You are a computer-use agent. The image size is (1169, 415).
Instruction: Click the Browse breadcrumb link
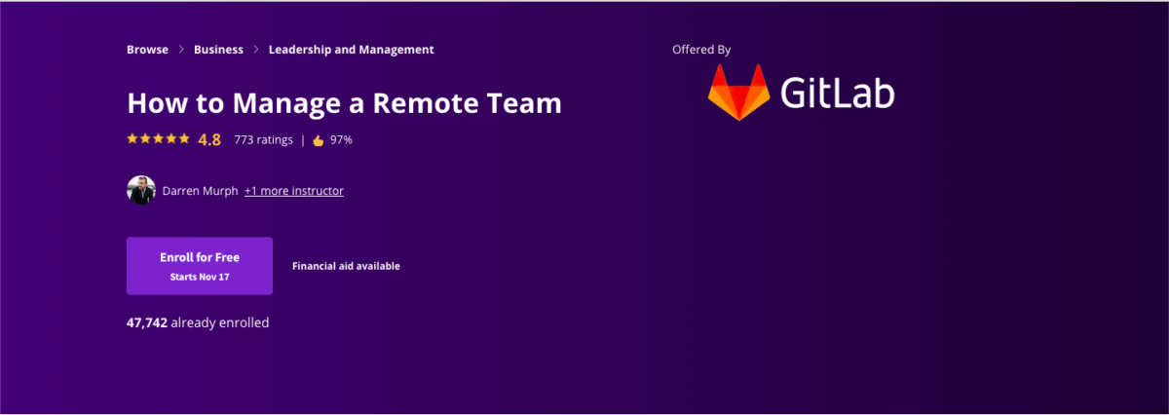coord(147,50)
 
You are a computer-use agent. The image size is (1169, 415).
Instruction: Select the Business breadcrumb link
coord(218,50)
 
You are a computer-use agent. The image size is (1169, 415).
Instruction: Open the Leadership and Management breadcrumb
coord(351,50)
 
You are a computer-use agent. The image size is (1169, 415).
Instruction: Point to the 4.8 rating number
coord(209,139)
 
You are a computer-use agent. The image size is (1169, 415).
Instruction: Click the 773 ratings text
coord(263,139)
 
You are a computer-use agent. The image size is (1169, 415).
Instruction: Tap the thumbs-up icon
coord(318,139)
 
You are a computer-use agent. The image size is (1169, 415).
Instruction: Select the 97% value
coord(341,139)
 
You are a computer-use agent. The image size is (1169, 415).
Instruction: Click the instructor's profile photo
coord(141,190)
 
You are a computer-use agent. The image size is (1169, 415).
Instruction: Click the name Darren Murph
coord(200,191)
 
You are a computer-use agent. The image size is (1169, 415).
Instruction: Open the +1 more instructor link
coord(293,191)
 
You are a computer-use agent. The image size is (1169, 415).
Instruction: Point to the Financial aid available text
coord(346,266)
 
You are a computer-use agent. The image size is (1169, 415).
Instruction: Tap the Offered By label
coord(701,50)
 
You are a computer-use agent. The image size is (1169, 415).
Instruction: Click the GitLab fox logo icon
coord(737,93)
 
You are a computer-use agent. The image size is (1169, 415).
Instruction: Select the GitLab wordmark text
coord(837,93)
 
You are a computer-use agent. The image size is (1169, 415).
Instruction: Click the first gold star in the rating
coord(132,139)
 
